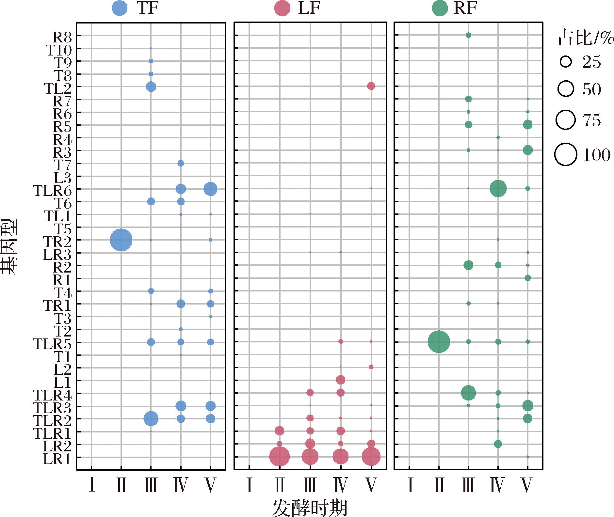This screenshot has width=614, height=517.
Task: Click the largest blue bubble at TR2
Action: point(121,240)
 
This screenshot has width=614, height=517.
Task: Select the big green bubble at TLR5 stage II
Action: point(439,342)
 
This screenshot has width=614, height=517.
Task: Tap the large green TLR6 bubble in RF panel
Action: point(498,188)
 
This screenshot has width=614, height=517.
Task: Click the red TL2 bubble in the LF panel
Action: point(371,86)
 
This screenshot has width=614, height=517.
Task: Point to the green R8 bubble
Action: point(468,35)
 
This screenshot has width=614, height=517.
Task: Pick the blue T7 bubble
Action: point(181,163)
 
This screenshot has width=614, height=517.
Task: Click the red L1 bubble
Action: point(341,380)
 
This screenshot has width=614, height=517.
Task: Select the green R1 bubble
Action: point(527,278)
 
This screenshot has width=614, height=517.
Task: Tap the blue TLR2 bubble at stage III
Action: point(151,418)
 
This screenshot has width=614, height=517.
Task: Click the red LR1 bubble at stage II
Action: point(280,457)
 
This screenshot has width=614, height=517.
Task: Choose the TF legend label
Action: point(147,8)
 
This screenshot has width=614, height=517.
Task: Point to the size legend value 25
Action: point(591,62)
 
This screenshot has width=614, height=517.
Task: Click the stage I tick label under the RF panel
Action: point(410,485)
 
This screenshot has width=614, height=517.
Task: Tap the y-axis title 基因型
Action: point(9,247)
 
